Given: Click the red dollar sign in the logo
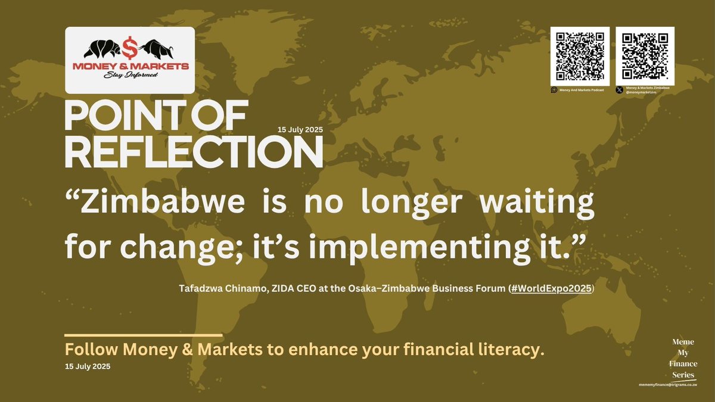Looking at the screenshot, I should (x=129, y=46).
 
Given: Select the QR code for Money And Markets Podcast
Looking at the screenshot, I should (x=580, y=55).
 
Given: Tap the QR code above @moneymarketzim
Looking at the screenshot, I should (x=645, y=55).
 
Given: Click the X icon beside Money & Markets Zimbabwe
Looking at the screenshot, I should (x=620, y=90).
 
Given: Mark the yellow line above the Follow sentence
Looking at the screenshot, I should (x=143, y=335).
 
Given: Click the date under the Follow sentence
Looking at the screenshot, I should (x=88, y=366).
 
